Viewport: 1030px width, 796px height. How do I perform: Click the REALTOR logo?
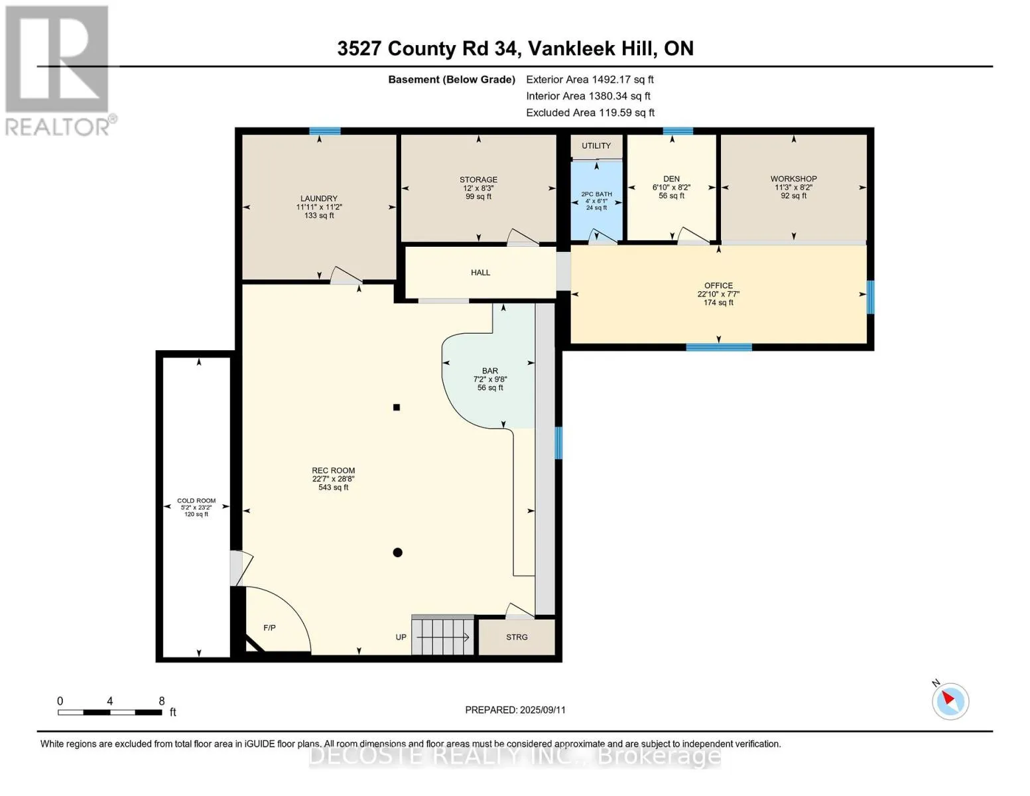tap(60, 71)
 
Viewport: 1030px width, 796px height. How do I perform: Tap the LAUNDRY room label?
tap(318, 207)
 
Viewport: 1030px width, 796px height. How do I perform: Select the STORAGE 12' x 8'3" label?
tap(478, 188)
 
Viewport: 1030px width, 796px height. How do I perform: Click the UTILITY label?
tap(596, 145)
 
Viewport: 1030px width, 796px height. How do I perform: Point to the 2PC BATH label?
tap(596, 200)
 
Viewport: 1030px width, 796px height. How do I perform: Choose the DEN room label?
tap(671, 187)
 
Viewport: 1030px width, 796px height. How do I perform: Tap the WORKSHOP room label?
tap(793, 187)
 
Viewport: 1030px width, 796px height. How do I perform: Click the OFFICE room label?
tap(718, 294)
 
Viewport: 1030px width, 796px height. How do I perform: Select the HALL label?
tap(480, 273)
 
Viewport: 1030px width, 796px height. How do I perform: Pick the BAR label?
tap(490, 379)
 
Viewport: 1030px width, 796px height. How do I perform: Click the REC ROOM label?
tap(333, 479)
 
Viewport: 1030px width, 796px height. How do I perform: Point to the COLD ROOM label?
tap(196, 507)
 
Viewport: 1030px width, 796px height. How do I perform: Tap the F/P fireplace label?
tap(269, 628)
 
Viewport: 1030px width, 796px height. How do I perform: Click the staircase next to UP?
tap(442, 635)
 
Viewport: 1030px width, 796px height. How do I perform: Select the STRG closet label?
tap(517, 637)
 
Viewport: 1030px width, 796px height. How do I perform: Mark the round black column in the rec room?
tap(398, 553)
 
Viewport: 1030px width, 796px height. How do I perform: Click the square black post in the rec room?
tap(397, 407)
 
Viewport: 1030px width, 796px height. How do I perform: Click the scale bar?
tap(110, 712)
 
